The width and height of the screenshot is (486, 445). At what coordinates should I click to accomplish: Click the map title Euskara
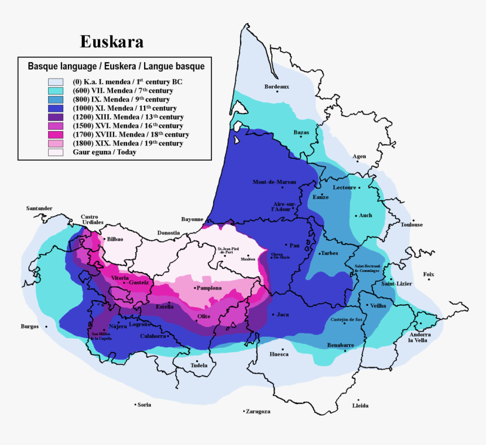(111, 42)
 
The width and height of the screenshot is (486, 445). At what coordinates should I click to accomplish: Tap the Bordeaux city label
(276, 87)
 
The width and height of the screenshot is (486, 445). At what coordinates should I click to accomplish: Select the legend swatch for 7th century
(55, 90)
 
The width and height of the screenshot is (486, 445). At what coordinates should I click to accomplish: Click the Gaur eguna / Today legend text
(104, 152)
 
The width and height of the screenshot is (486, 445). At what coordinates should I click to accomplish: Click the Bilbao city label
(115, 239)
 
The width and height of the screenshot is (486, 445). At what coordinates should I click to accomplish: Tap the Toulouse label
(411, 224)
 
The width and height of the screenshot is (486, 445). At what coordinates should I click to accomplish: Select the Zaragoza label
(258, 412)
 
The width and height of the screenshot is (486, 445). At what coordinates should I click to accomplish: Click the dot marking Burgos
(46, 326)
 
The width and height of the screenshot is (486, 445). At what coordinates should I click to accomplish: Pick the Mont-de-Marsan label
(275, 182)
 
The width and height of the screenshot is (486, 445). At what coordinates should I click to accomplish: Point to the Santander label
(39, 208)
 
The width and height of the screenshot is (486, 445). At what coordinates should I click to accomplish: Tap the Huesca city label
(279, 354)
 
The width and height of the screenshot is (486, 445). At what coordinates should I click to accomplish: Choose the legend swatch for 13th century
(55, 117)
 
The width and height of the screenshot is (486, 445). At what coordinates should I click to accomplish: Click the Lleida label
(360, 405)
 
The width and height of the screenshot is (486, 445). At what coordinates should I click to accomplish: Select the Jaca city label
(283, 314)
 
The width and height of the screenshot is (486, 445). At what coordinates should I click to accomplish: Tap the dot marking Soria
(134, 404)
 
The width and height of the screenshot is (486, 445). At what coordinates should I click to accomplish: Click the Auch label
(365, 215)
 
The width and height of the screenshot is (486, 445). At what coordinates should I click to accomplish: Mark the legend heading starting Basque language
(116, 66)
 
